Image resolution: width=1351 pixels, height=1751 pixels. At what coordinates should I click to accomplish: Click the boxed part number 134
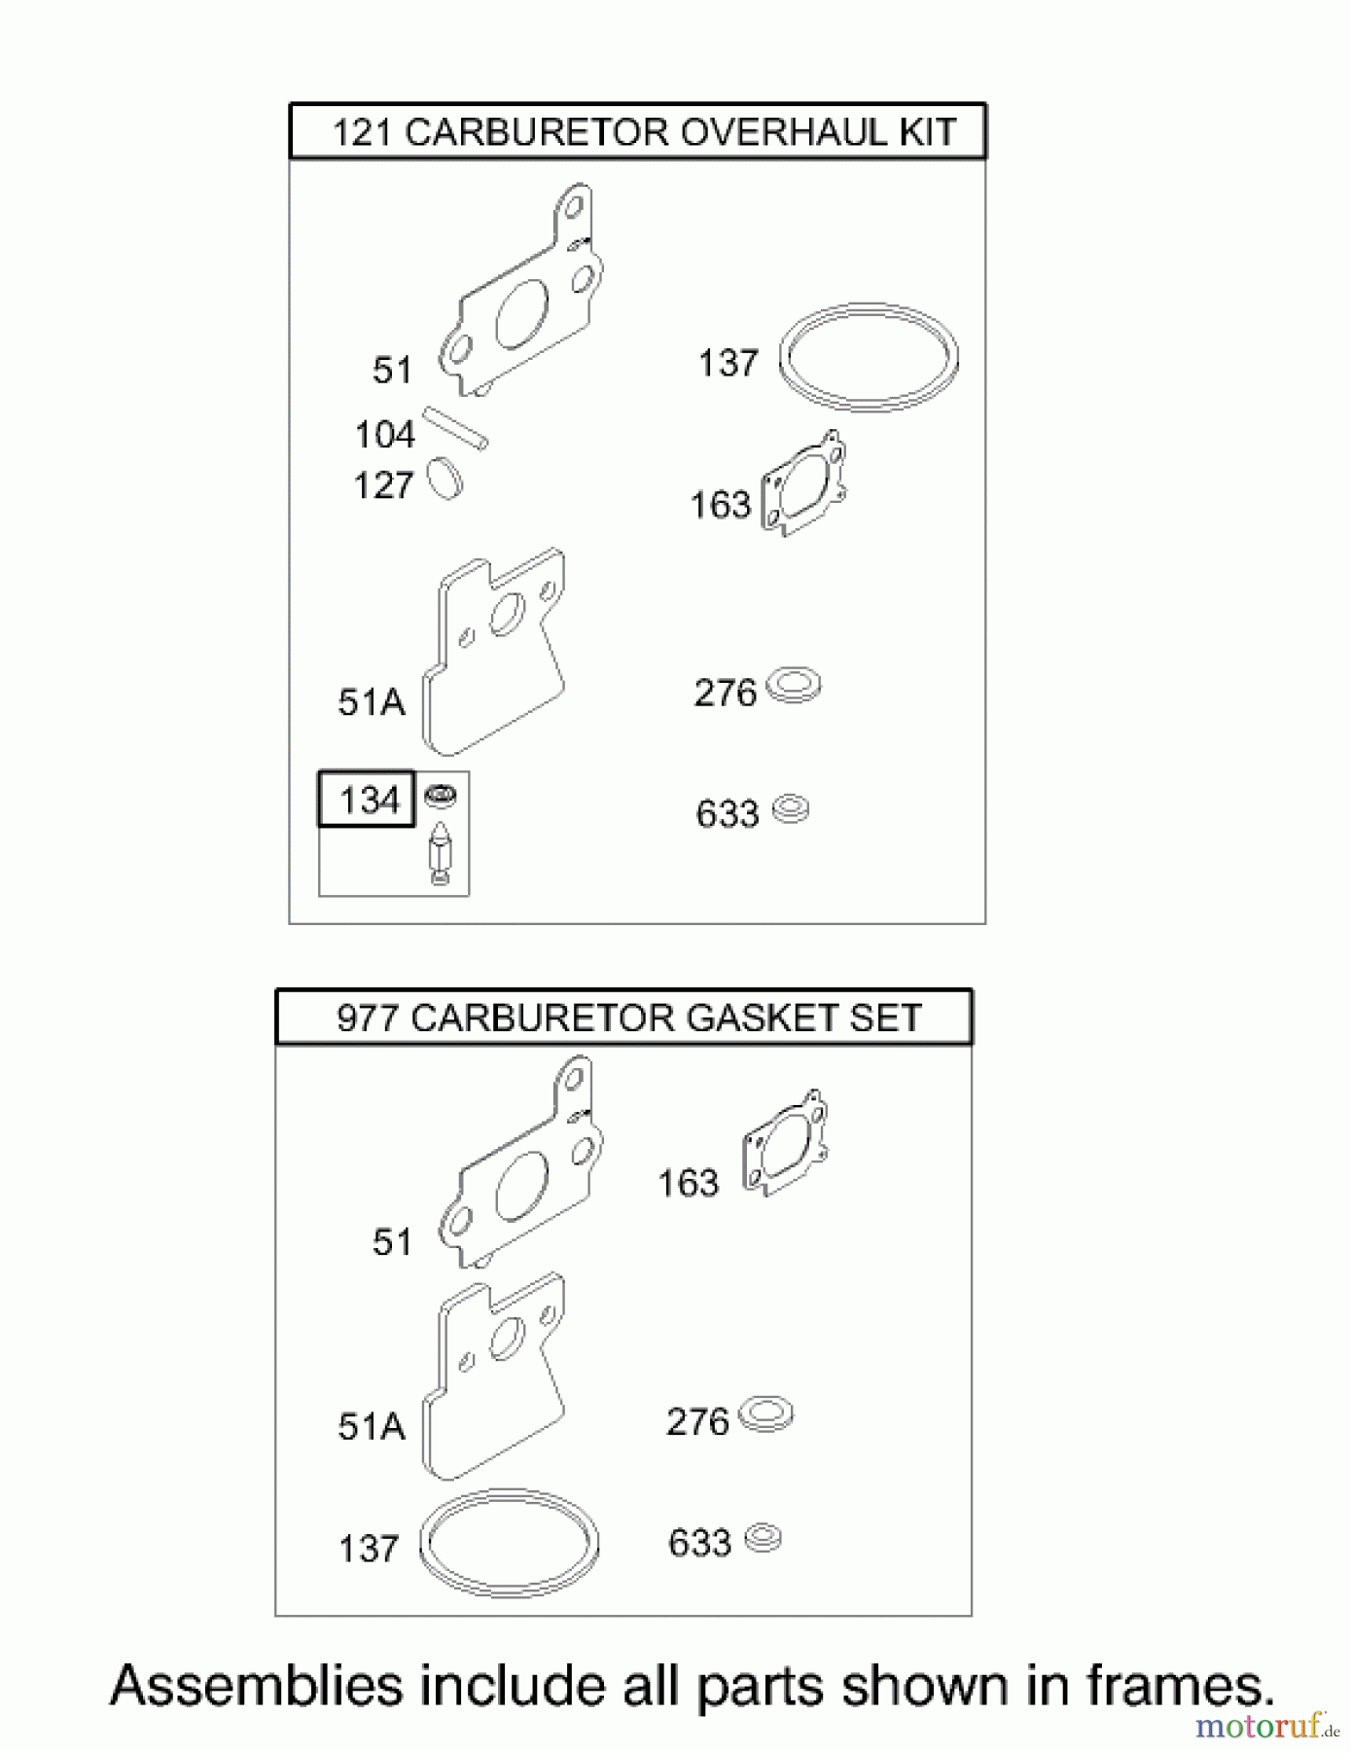[369, 801]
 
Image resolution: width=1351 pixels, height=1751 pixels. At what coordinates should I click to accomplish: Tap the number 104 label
[385, 435]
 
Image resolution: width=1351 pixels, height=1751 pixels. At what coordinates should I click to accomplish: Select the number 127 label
[383, 485]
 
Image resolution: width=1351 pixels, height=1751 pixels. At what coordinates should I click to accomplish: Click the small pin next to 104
[455, 429]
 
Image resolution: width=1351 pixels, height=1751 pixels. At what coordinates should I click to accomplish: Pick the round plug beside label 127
[446, 479]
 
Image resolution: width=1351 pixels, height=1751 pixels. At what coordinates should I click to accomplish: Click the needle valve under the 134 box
[440, 853]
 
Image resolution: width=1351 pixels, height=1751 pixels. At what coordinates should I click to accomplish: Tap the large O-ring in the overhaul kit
[869, 357]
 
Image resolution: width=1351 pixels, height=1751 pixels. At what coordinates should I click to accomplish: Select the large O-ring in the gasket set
[509, 1543]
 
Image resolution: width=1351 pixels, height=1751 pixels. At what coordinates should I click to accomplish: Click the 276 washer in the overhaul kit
[794, 686]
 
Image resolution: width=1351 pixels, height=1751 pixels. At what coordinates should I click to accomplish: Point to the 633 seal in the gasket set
[764, 1538]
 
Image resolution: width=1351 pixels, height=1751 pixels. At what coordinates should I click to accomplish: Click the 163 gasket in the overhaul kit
[804, 483]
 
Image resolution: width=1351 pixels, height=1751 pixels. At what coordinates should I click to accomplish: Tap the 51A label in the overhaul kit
[371, 702]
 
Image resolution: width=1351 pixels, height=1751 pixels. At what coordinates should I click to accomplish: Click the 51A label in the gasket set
[371, 1427]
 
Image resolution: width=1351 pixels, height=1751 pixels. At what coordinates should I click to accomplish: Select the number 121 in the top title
[362, 132]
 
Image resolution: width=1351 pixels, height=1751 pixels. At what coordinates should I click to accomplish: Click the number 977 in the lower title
[368, 1018]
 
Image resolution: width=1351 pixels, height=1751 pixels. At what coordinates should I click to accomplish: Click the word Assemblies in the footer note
[256, 1687]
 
